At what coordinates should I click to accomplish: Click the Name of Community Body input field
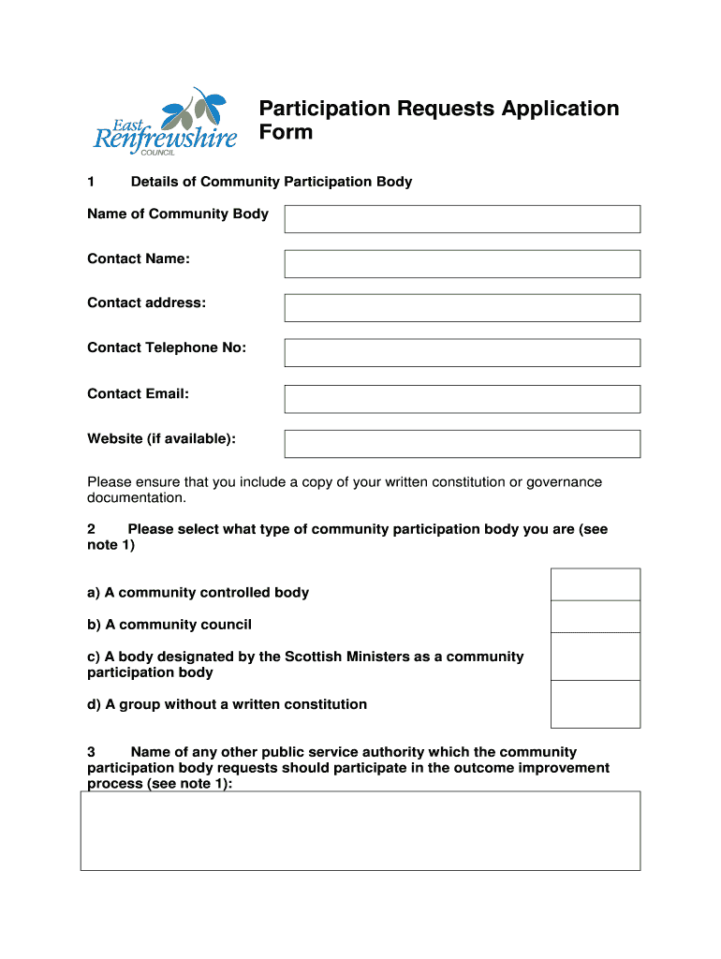[463, 219]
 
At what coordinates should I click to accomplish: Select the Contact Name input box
[463, 264]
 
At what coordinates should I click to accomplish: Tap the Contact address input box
[463, 308]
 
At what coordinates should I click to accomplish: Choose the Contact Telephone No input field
[463, 353]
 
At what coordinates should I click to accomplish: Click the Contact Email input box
[463, 399]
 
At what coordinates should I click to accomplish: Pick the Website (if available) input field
[463, 444]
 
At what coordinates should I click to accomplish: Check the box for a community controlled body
[596, 584]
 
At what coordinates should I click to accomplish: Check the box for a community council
[596, 617]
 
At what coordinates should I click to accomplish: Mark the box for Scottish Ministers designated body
[596, 657]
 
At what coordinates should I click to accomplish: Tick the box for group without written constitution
[596, 704]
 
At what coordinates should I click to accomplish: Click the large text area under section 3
[360, 831]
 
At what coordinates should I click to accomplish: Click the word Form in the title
[286, 132]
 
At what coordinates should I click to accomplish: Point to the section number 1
[91, 182]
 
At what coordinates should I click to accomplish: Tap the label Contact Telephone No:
[167, 348]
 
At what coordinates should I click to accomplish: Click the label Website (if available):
[161, 439]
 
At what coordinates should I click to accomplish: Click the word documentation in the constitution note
[136, 498]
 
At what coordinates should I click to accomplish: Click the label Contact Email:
[138, 394]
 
